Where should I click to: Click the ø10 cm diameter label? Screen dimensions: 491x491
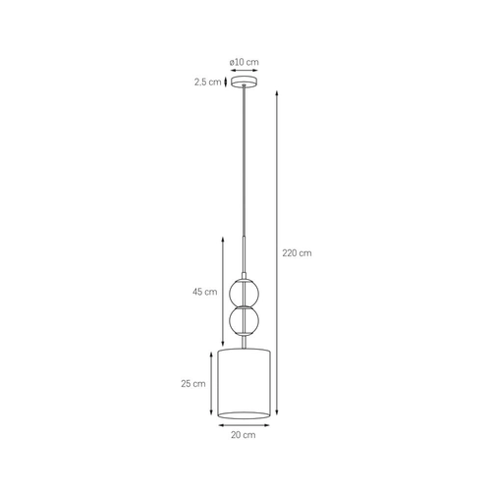(244, 62)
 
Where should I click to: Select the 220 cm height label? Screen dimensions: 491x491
(297, 252)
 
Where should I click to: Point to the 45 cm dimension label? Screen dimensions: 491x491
(204, 292)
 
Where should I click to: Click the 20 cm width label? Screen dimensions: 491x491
(244, 434)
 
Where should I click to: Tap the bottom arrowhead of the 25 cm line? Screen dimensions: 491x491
(210, 415)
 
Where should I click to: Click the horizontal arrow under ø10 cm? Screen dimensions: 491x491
(244, 72)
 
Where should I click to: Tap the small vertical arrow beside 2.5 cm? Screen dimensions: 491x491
(226, 82)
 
